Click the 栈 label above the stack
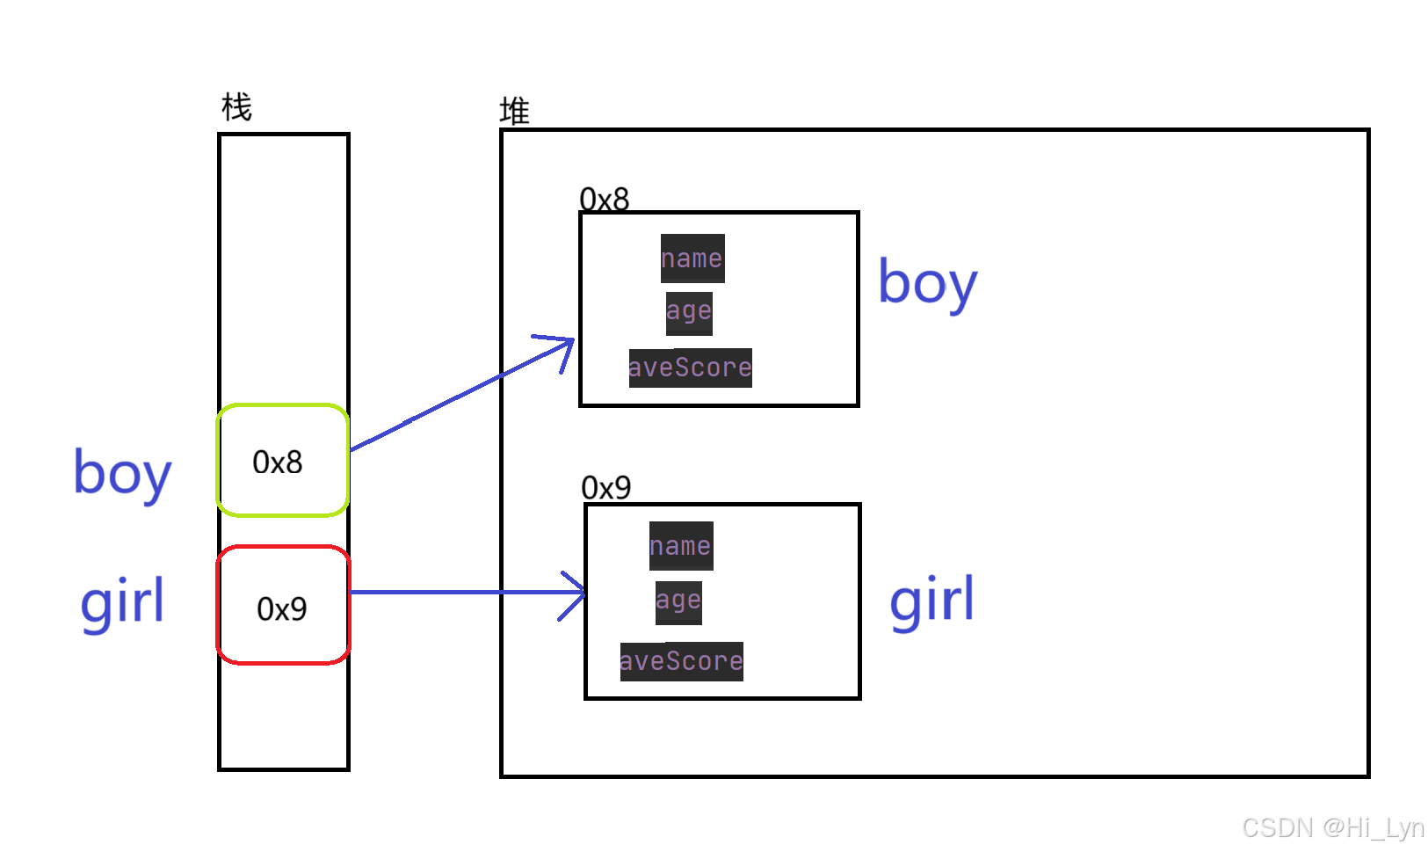point(236,108)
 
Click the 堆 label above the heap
point(514,112)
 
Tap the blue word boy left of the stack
point(122,473)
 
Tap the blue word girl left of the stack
point(122,602)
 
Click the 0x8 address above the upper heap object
point(605,200)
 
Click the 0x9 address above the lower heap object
point(606,487)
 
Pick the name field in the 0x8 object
point(692,259)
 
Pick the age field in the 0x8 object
point(689,312)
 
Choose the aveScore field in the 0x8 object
point(690,368)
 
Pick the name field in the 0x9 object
point(681,546)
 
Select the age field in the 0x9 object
point(678,602)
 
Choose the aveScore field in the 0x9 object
point(681,661)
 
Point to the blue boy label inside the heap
point(928,283)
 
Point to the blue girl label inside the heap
point(931,601)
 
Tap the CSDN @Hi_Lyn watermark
point(1332,827)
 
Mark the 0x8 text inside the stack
point(278,462)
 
